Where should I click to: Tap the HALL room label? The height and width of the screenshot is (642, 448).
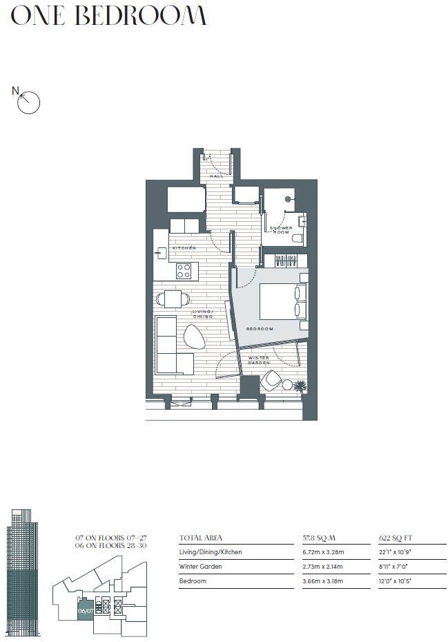point(216,176)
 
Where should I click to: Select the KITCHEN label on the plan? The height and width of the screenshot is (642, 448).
point(184,247)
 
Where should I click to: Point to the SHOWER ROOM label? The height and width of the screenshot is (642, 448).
point(281,230)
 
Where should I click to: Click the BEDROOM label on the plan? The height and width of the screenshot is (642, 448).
point(260,329)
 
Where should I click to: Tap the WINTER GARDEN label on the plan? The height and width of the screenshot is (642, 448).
point(258,360)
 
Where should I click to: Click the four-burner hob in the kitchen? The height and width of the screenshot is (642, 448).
point(184,271)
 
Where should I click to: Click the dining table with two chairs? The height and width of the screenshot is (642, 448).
point(173,299)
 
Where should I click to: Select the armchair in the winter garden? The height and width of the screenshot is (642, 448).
point(271,380)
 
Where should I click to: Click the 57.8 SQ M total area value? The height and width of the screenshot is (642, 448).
point(317,538)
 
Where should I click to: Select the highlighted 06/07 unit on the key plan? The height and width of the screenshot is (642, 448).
point(86,610)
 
